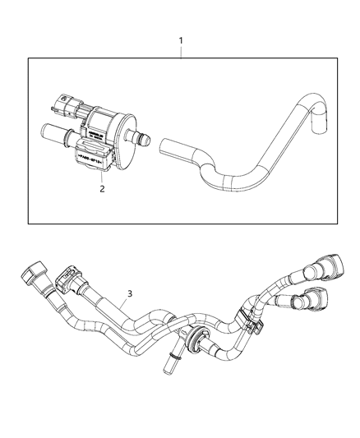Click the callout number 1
182,39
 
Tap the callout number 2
102,188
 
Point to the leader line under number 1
182,51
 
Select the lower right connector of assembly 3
317,301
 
